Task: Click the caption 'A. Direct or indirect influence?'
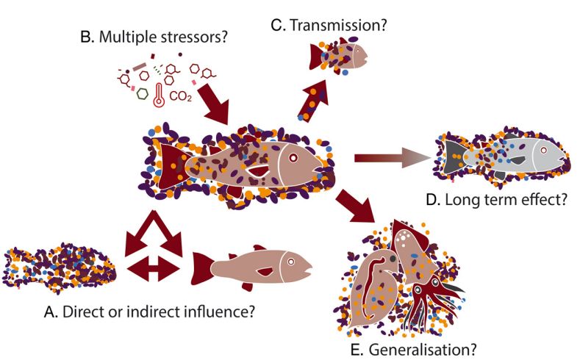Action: pos(150,311)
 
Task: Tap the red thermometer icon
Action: pos(158,95)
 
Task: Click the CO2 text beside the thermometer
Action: pos(179,96)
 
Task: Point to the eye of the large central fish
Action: pos(293,157)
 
